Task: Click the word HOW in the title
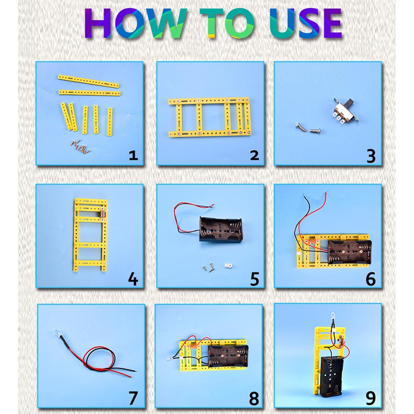point(136,23)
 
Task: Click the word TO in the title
point(227,23)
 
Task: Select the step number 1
point(133,155)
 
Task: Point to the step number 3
point(371,156)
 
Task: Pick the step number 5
point(254,279)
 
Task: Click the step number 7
point(133,398)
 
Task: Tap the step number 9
point(371,398)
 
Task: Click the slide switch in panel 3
point(346,110)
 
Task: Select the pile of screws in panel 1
point(80,147)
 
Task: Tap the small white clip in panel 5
point(228,265)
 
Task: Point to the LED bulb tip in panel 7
point(57,333)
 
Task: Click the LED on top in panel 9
point(333,316)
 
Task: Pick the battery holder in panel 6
point(350,252)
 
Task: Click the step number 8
point(254,398)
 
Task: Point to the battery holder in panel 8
point(228,356)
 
